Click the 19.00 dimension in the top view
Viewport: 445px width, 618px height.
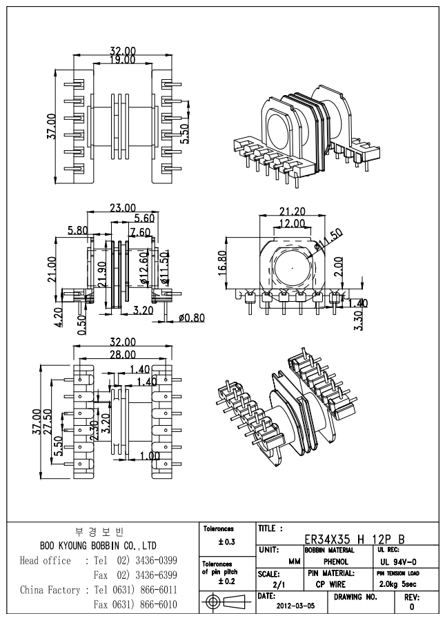click(122, 60)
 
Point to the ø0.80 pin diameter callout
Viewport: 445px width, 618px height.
click(190, 318)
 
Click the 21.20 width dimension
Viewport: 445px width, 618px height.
click(294, 212)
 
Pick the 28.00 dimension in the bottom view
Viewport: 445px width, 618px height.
click(122, 354)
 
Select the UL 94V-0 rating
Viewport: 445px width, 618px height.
click(399, 562)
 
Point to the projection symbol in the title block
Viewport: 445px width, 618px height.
click(226, 601)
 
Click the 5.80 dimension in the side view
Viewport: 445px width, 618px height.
click(77, 230)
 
